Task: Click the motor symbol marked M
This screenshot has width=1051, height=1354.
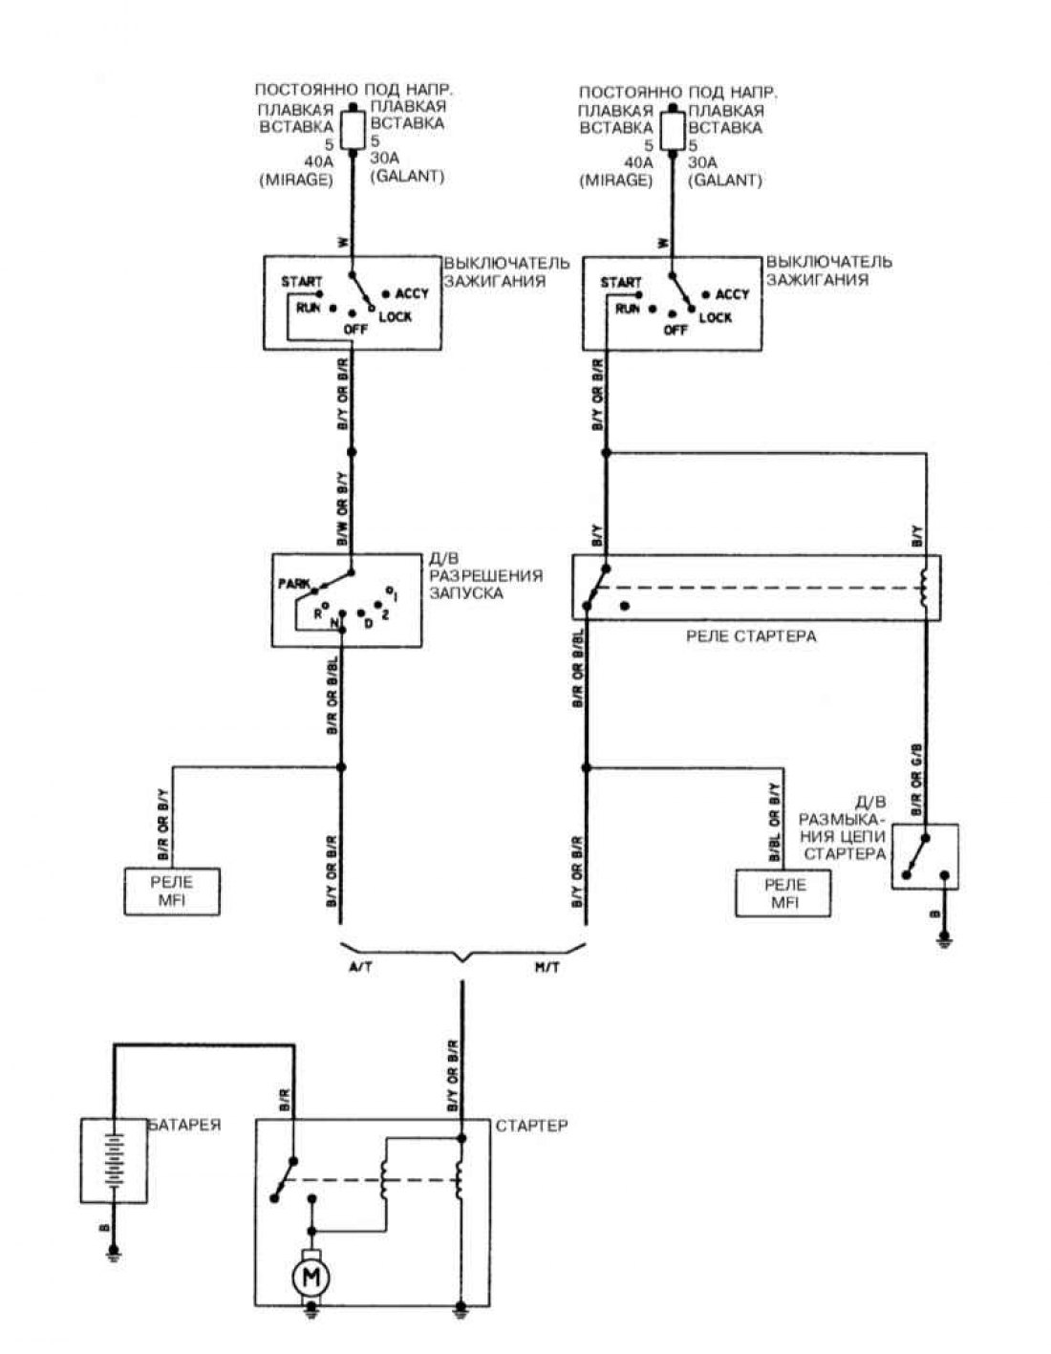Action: pyautogui.click(x=310, y=1276)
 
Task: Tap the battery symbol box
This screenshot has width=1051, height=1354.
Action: pyautogui.click(x=114, y=1159)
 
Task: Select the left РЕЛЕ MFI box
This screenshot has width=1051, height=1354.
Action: pyautogui.click(x=172, y=892)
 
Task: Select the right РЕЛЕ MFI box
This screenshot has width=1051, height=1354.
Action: pyautogui.click(x=783, y=892)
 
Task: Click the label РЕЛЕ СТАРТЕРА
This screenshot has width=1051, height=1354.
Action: pyautogui.click(x=751, y=635)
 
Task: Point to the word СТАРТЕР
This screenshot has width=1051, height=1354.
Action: pyautogui.click(x=531, y=1126)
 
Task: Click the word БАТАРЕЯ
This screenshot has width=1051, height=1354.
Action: pyautogui.click(x=184, y=1125)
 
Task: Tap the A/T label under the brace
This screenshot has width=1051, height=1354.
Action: pyautogui.click(x=361, y=968)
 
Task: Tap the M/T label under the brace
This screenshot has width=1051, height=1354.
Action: pyautogui.click(x=548, y=968)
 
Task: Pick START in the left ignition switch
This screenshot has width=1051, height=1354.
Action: pyautogui.click(x=301, y=282)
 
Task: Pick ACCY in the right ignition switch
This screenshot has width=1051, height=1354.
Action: pyautogui.click(x=733, y=294)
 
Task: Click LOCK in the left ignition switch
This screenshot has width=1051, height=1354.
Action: pyautogui.click(x=395, y=316)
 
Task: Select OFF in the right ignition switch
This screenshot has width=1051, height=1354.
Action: pyautogui.click(x=675, y=330)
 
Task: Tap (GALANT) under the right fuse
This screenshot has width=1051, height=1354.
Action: pyautogui.click(x=725, y=180)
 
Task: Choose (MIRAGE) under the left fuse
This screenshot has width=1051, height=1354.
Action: pyautogui.click(x=295, y=180)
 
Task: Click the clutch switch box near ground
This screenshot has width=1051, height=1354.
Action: pyautogui.click(x=925, y=857)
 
